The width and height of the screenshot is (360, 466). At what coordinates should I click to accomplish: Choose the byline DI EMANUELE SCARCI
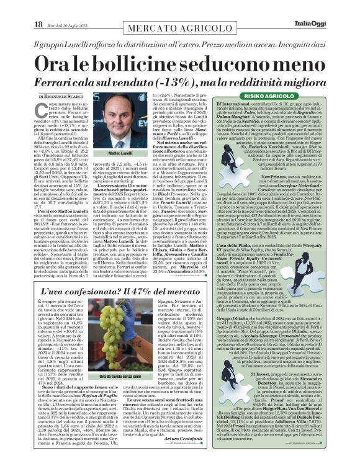pos(61,97)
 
